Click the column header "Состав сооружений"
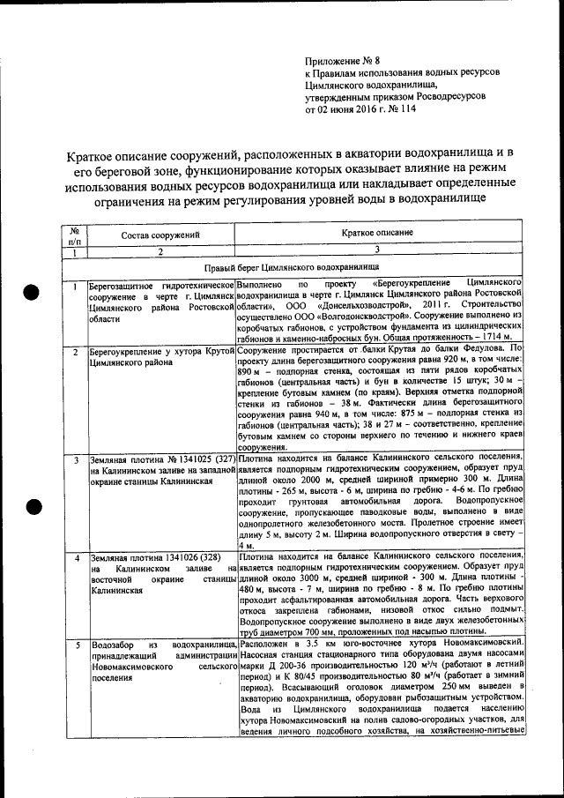[x=161, y=235]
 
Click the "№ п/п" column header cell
[x=75, y=235]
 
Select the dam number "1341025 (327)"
[x=202, y=460]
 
